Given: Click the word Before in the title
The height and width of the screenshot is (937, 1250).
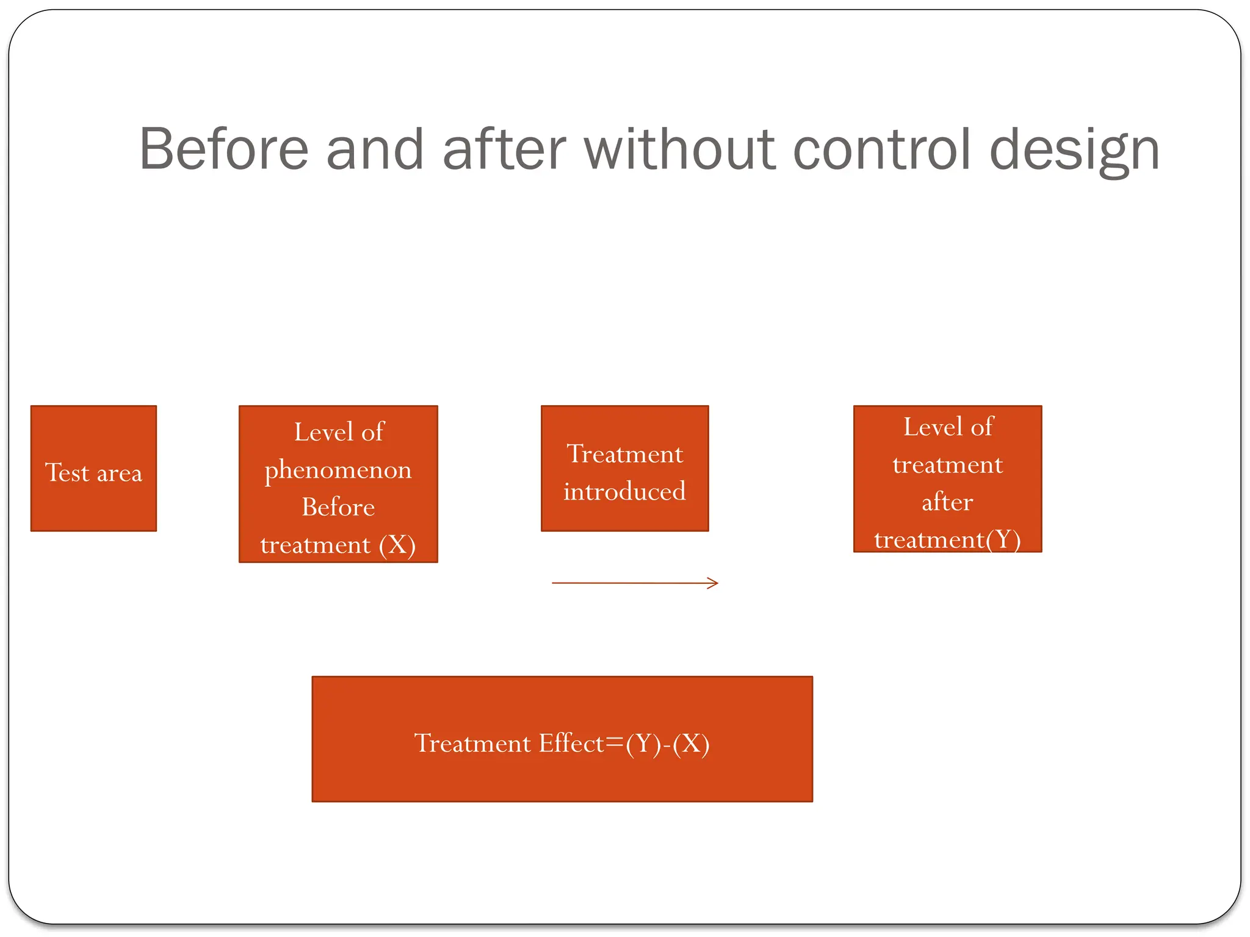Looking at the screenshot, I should (x=224, y=149).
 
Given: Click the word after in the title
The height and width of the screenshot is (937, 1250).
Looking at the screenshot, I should (x=504, y=149).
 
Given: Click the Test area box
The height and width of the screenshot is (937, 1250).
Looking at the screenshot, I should (x=93, y=468).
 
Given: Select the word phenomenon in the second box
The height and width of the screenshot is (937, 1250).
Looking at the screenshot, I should (x=338, y=470).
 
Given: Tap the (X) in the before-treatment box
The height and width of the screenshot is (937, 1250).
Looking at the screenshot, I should (x=397, y=545).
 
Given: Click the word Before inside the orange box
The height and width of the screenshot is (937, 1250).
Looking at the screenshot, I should (x=338, y=507).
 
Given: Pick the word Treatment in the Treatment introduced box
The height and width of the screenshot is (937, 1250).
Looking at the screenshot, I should (x=624, y=454).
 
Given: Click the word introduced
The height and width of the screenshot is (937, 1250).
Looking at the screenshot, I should (x=624, y=492).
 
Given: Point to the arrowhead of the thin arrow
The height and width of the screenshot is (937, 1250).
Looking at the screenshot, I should (x=715, y=583).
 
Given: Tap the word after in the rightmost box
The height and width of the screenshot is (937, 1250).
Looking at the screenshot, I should (x=947, y=503).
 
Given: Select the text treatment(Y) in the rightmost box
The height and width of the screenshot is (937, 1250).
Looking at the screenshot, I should (x=947, y=540).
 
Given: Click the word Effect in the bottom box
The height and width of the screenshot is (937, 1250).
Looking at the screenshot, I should (x=571, y=744).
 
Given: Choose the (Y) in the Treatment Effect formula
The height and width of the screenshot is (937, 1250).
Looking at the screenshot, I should (x=643, y=744).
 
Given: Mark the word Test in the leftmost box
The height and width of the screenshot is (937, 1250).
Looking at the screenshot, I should (x=67, y=473).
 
